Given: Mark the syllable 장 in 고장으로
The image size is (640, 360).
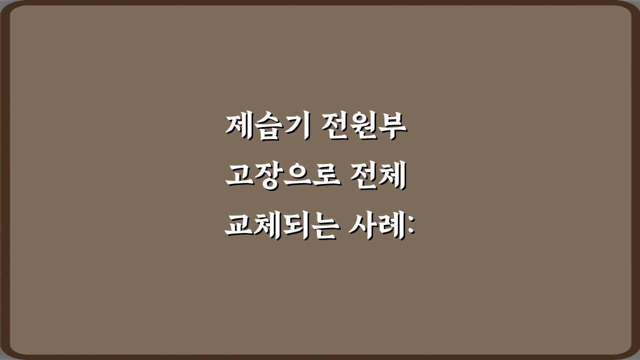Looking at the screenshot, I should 267,177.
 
